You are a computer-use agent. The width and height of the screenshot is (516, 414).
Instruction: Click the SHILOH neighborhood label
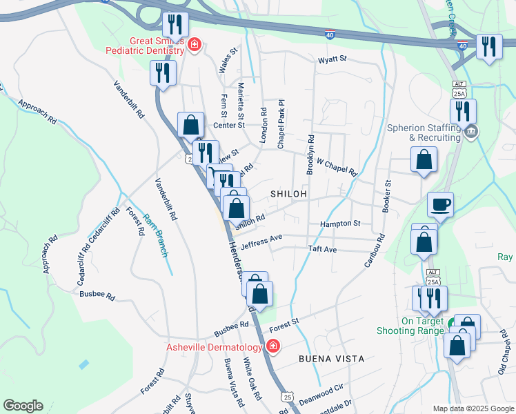tap(288, 195)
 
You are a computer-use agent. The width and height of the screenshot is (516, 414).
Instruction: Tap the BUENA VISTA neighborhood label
tap(331, 359)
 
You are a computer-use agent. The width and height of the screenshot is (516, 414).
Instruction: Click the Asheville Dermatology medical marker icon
tap(274, 346)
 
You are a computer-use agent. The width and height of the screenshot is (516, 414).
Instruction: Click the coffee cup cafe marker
tap(440, 205)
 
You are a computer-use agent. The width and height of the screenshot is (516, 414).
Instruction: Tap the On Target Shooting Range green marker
tap(453, 323)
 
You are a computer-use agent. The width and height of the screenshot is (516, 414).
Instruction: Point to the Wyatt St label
tap(331, 60)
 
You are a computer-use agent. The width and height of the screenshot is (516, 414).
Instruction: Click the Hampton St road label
tap(340, 224)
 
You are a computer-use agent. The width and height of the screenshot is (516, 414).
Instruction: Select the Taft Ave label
tap(322, 248)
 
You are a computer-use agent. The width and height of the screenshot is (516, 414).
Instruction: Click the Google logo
tap(23, 406)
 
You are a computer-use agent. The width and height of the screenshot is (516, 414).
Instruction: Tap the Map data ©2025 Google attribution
tap(473, 408)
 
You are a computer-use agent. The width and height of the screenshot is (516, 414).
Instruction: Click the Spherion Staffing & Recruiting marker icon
tap(471, 131)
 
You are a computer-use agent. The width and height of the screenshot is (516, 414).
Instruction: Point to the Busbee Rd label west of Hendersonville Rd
tap(97, 294)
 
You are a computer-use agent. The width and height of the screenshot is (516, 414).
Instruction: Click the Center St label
tap(229, 125)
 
